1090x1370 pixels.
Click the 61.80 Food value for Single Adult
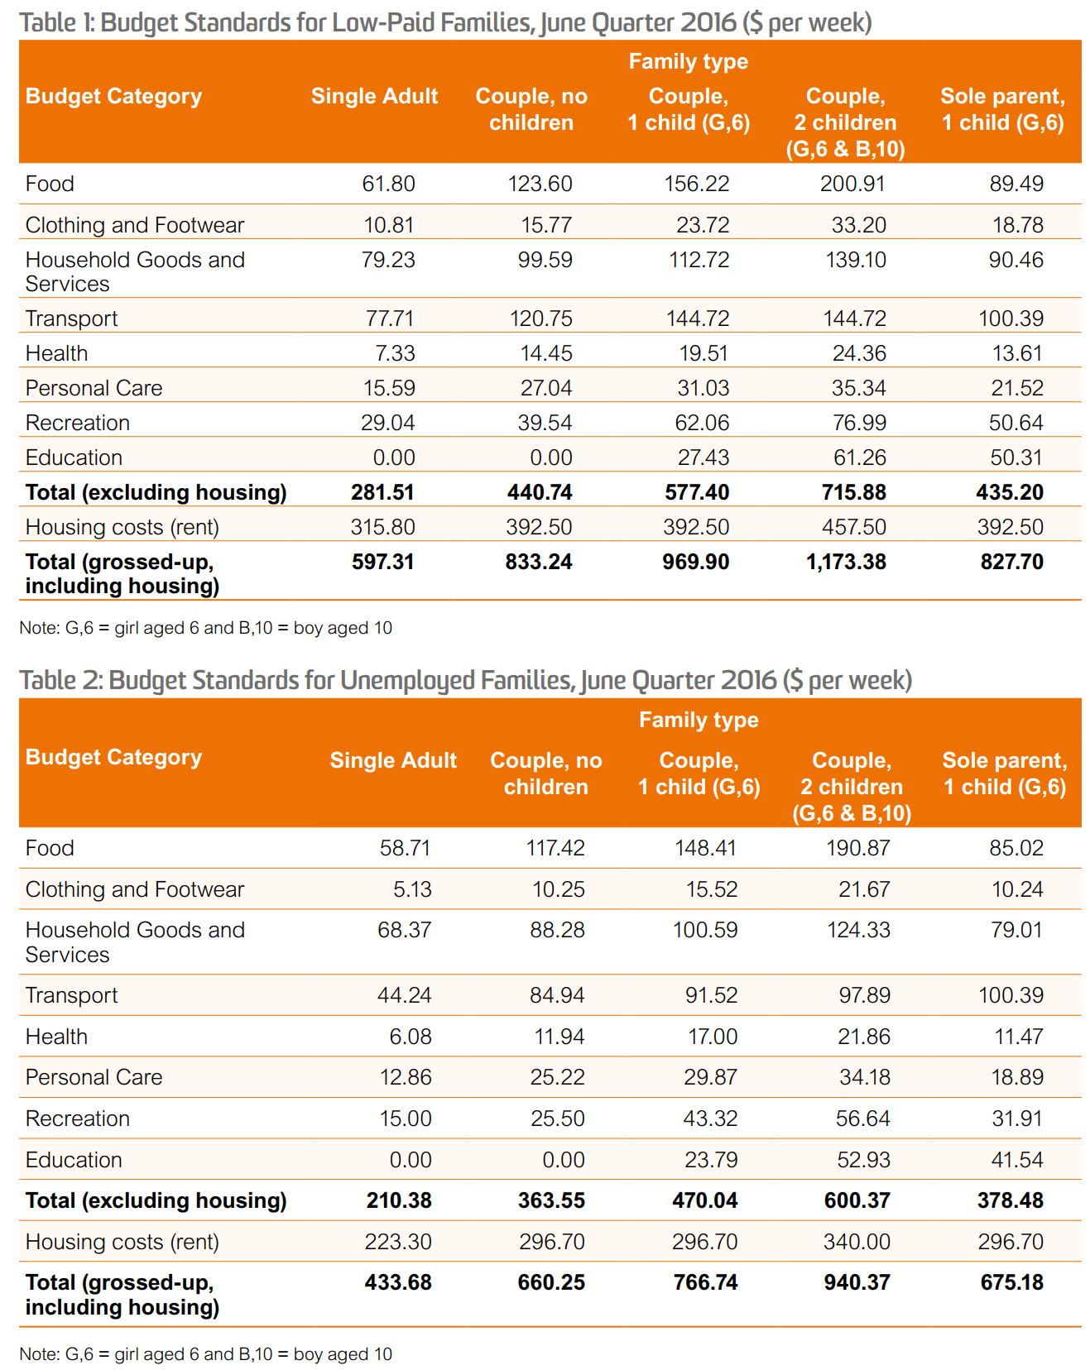click(x=388, y=184)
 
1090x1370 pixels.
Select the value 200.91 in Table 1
click(x=852, y=184)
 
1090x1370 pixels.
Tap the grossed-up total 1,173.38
click(x=846, y=562)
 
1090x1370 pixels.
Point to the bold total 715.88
click(x=854, y=492)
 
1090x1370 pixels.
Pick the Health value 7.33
click(x=395, y=353)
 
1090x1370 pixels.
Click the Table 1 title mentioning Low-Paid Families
click(x=445, y=22)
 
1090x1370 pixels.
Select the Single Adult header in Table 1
click(x=374, y=96)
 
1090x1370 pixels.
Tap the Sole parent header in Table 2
click(x=1004, y=774)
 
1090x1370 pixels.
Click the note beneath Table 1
click(x=205, y=628)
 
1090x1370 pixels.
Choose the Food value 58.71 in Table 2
click(x=405, y=848)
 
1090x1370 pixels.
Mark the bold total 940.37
click(x=857, y=1282)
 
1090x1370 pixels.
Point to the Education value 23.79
click(x=710, y=1160)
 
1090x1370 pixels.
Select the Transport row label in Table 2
click(x=71, y=995)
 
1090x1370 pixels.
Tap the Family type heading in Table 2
click(x=699, y=720)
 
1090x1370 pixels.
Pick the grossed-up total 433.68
click(x=398, y=1282)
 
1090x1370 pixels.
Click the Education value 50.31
click(x=1016, y=457)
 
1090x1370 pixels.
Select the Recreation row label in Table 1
click(x=77, y=423)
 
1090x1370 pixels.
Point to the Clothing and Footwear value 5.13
click(x=412, y=889)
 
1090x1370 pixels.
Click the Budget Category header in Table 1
click(x=113, y=96)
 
